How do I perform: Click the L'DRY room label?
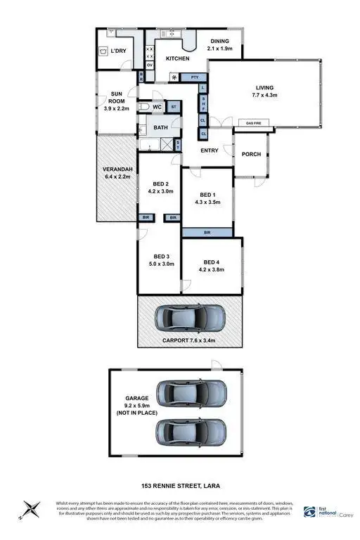(x=119, y=51)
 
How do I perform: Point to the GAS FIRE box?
(x=255, y=123)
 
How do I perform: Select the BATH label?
(x=161, y=127)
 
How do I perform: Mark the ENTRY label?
(x=210, y=150)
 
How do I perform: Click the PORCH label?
(x=250, y=154)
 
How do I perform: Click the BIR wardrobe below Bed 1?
(x=206, y=231)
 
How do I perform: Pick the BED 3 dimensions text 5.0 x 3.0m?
(x=161, y=264)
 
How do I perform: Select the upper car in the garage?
(x=191, y=392)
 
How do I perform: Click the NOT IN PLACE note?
(x=137, y=422)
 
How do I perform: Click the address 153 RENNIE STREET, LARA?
(x=180, y=486)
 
